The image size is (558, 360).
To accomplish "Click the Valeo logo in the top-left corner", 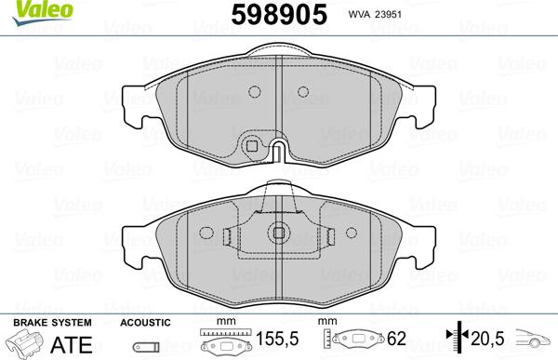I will click(x=26, y=9).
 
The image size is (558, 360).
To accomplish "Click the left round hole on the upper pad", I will click(x=253, y=91).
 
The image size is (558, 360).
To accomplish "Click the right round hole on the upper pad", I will click(x=301, y=91).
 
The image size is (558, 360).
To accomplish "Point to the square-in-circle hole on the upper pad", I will click(x=250, y=144).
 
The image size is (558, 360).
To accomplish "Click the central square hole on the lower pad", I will click(x=278, y=234).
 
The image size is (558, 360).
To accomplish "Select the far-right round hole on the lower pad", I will click(x=352, y=233).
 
